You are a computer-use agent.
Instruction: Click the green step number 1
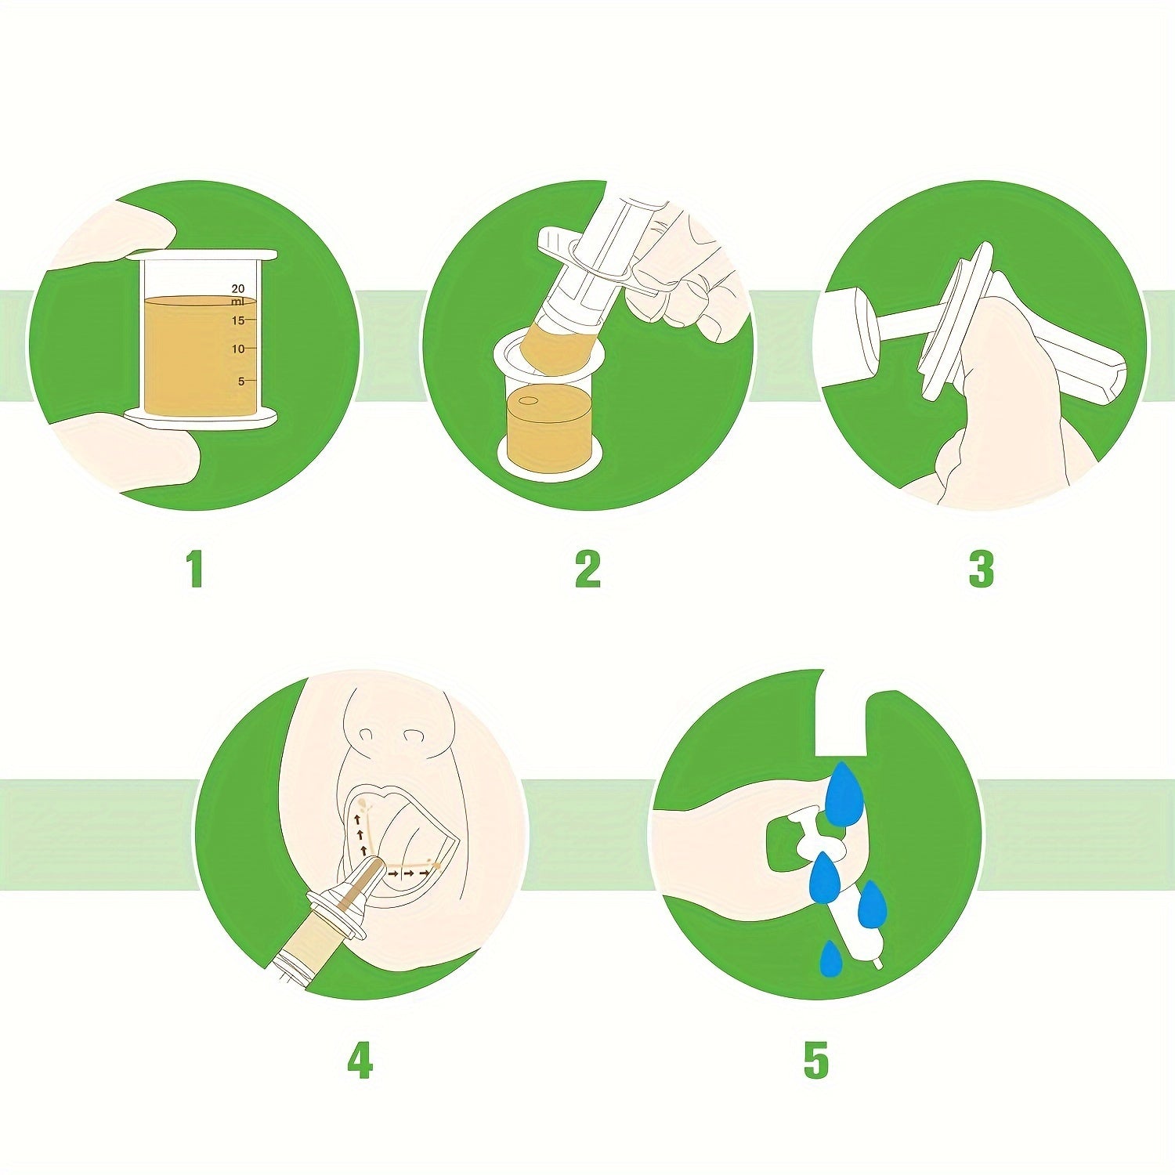tap(195, 569)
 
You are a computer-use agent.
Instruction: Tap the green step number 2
tap(587, 569)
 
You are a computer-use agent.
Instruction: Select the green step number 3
tap(981, 569)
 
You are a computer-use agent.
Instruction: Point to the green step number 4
tap(360, 1061)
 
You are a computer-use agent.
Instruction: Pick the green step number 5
tap(815, 1061)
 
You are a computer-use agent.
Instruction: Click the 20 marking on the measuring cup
tap(238, 289)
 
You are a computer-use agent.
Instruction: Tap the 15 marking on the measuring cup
tap(238, 320)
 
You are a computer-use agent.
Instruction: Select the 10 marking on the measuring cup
tap(238, 349)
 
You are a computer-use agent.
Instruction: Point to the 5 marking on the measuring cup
tap(241, 381)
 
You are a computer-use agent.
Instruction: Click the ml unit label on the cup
tap(237, 302)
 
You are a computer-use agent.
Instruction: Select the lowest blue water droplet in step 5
tap(830, 960)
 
